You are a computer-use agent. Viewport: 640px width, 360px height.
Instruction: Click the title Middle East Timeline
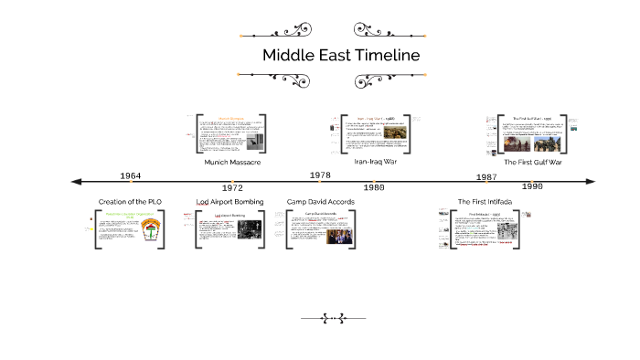(x=341, y=55)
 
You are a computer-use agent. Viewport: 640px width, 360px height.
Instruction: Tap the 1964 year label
(x=131, y=175)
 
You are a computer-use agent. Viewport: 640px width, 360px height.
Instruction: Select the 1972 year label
(x=232, y=187)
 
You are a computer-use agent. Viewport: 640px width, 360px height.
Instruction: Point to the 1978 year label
(x=320, y=175)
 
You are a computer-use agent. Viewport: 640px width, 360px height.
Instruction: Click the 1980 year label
(x=373, y=187)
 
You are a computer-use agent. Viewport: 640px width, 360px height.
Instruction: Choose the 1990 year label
(x=532, y=186)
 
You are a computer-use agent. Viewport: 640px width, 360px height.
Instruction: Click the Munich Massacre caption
(x=233, y=162)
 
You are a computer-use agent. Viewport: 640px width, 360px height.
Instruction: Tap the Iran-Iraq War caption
(x=375, y=161)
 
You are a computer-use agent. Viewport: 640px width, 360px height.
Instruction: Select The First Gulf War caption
(x=533, y=162)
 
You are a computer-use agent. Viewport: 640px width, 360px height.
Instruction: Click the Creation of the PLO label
(x=132, y=201)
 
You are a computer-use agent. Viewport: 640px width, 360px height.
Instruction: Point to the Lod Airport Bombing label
(x=230, y=201)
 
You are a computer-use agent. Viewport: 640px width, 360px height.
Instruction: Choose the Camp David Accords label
(x=322, y=201)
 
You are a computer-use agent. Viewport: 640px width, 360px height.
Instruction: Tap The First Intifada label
(x=485, y=201)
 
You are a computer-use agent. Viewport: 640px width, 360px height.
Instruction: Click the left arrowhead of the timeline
(x=63, y=182)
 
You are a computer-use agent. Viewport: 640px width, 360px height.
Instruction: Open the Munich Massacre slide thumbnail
(x=232, y=132)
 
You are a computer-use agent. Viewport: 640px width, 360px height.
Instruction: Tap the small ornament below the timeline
(x=333, y=318)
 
